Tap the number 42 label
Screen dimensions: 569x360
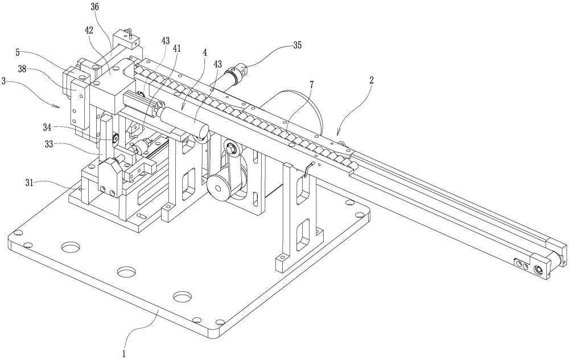click(x=89, y=30)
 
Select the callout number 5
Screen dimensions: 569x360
click(x=18, y=52)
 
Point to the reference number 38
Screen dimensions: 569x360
click(x=23, y=69)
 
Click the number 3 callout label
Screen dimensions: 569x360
click(x=3, y=81)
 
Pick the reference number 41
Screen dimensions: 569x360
click(x=177, y=48)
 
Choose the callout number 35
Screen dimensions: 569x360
click(x=297, y=45)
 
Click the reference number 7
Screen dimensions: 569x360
click(x=311, y=85)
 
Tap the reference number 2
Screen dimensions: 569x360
click(x=371, y=81)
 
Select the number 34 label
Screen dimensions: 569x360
click(x=47, y=127)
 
